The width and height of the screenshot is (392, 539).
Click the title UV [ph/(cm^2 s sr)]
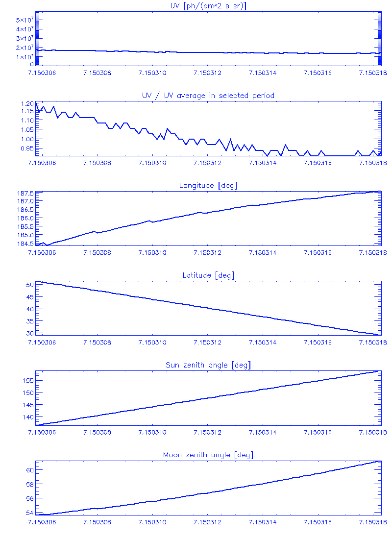(x=208, y=5)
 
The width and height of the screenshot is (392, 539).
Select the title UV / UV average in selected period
(x=208, y=95)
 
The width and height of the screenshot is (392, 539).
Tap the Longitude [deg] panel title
(x=208, y=185)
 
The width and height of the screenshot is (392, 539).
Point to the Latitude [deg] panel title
(x=208, y=275)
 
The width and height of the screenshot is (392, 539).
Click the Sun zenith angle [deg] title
(x=208, y=365)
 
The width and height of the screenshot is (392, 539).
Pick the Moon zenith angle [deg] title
(x=208, y=455)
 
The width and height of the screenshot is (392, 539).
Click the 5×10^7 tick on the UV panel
(x=24, y=20)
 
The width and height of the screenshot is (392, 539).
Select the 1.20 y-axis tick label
(x=27, y=104)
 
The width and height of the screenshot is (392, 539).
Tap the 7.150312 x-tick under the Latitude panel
(x=208, y=343)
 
